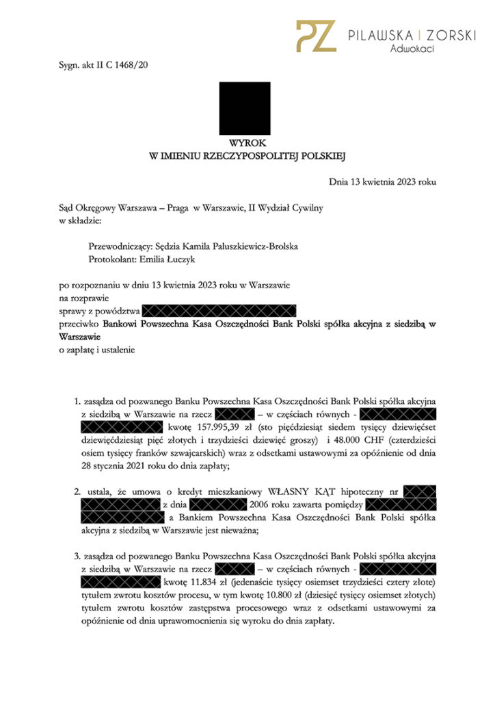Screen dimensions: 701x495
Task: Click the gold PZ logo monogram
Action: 315,36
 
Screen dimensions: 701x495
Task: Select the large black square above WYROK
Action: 245,108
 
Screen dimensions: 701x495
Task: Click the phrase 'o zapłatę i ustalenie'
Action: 96,350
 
